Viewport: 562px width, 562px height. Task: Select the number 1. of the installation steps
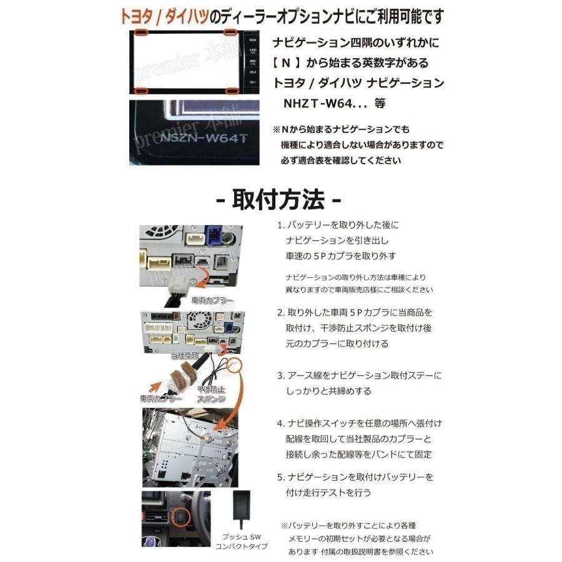click(x=281, y=225)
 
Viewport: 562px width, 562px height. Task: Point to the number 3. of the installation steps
click(x=281, y=376)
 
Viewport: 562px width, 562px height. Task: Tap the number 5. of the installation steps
click(x=281, y=476)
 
